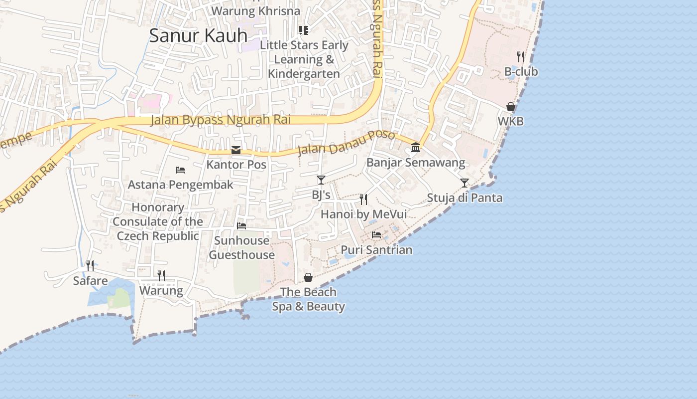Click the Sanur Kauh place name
198,35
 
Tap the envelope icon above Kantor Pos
236,150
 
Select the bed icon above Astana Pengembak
180,170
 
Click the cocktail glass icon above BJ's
321,180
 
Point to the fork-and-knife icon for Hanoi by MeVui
363,199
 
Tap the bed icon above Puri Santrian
376,235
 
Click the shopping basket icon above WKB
511,107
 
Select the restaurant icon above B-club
521,56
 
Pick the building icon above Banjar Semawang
416,148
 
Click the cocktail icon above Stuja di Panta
465,183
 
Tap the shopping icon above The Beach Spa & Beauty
308,277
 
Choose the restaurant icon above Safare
90,265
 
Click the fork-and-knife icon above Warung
161,275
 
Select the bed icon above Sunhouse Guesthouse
241,226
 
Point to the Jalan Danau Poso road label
346,142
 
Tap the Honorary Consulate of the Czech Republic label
158,221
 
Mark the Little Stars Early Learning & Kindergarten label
304,59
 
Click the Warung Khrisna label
256,11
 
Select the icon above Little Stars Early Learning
304,30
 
